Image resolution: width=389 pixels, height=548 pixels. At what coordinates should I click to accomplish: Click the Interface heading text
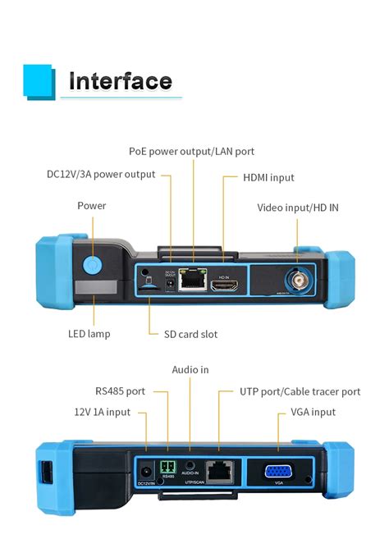click(120, 81)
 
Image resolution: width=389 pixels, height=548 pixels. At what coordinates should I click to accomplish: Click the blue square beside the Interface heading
click(39, 80)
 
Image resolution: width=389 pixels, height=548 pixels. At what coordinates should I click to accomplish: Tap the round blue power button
click(92, 265)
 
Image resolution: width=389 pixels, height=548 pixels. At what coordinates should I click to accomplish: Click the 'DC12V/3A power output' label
click(100, 175)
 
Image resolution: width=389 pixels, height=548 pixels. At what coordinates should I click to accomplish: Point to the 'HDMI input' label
click(268, 177)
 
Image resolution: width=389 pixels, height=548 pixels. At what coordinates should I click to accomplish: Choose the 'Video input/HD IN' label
click(297, 208)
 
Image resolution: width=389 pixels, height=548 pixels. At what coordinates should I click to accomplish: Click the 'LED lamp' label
click(89, 334)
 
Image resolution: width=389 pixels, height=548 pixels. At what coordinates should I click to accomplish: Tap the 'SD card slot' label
click(185, 334)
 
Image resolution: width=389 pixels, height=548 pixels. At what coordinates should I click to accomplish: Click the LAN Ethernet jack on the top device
click(192, 278)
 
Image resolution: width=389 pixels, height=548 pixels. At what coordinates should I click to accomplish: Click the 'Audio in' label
click(190, 370)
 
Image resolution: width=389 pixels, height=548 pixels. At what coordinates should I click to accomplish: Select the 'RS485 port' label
click(119, 391)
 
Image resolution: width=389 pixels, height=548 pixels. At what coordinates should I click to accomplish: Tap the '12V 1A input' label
click(102, 412)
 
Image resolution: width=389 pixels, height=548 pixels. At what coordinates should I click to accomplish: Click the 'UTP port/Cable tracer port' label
click(300, 392)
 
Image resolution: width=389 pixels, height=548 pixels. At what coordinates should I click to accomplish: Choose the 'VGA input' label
click(313, 412)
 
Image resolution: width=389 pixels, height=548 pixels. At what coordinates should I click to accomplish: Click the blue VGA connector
click(279, 472)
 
